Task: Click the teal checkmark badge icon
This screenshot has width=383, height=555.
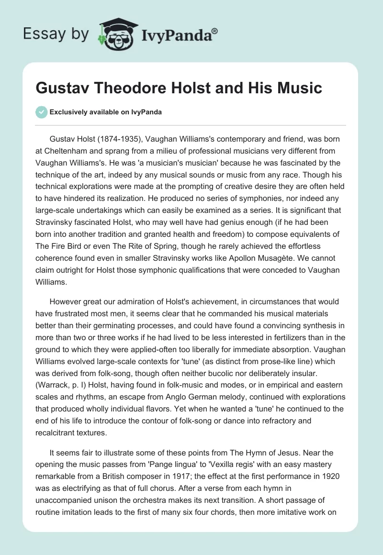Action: pyautogui.click(x=41, y=112)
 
